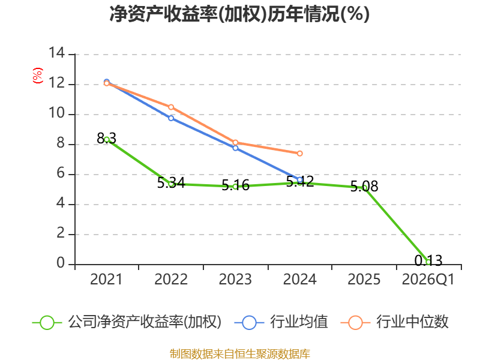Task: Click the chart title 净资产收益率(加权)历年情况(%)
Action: tap(239, 14)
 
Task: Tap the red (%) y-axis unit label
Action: tap(38, 76)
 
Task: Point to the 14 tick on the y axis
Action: tap(56, 53)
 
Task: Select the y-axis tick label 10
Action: tap(56, 113)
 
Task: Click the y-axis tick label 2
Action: tap(61, 233)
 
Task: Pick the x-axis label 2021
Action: tap(106, 279)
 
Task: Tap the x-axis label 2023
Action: tap(235, 279)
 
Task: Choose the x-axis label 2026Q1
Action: tap(428, 279)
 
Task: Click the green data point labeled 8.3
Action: tap(107, 140)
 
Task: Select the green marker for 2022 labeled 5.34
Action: tap(171, 184)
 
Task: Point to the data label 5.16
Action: tap(235, 185)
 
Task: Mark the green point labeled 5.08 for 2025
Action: tap(364, 188)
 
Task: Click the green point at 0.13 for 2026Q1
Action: tap(428, 262)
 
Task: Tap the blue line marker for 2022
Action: tap(171, 118)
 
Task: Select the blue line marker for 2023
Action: tap(235, 148)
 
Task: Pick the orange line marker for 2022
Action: tap(171, 107)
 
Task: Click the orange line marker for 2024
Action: tap(299, 154)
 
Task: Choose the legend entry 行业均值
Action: tap(281, 322)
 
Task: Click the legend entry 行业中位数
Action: tap(394, 322)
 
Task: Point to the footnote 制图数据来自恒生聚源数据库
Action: tap(240, 354)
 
